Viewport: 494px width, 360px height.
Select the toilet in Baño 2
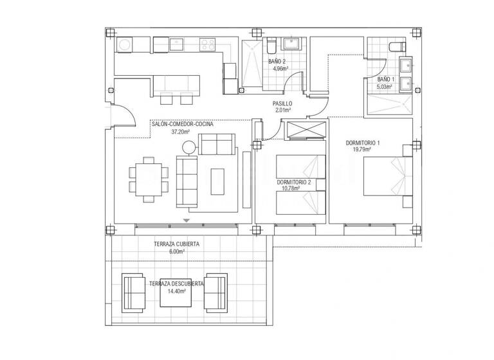[271, 45]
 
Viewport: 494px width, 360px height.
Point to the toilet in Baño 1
[397, 45]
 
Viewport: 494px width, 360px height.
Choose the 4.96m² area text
[280, 69]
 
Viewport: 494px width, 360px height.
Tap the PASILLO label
[282, 103]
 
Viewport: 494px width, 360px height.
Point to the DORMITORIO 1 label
[363, 142]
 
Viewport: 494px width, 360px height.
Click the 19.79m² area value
[363, 150]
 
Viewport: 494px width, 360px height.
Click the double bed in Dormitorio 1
[382, 175]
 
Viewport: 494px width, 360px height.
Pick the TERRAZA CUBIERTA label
[176, 244]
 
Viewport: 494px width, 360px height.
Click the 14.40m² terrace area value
[176, 291]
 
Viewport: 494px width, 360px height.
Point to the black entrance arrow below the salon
[187, 221]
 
